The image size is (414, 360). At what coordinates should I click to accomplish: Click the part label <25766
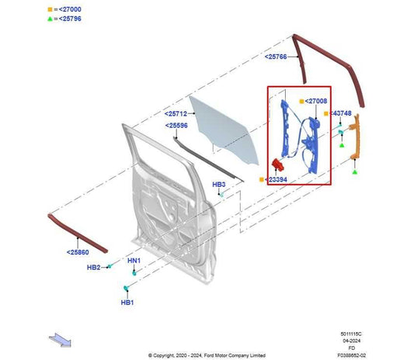click(x=276, y=57)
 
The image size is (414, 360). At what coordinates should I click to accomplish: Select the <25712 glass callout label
click(x=176, y=114)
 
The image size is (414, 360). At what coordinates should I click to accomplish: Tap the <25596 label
click(x=176, y=126)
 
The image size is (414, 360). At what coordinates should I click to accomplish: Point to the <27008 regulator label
click(x=316, y=101)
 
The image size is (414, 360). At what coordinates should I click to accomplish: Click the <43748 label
click(x=340, y=113)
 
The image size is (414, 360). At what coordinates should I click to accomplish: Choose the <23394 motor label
click(x=276, y=179)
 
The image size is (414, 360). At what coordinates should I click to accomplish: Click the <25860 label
click(x=78, y=252)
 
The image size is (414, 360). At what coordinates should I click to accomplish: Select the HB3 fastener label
click(x=219, y=185)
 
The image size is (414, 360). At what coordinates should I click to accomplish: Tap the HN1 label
click(x=134, y=261)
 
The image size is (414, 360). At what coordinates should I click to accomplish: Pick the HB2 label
click(x=93, y=268)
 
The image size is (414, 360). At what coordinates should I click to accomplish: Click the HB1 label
click(x=127, y=303)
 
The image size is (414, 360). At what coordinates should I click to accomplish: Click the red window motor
click(x=277, y=164)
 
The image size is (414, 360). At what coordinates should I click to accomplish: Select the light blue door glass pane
click(x=224, y=130)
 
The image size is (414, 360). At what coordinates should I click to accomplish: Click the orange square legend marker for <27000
click(x=50, y=9)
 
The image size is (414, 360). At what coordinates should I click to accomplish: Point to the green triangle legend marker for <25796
click(x=50, y=19)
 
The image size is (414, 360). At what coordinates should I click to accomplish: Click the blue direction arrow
click(x=61, y=340)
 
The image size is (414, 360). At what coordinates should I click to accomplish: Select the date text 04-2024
click(x=351, y=341)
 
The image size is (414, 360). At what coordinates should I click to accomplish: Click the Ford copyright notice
click(x=207, y=355)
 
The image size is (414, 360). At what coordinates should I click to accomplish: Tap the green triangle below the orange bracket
click(x=355, y=172)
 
